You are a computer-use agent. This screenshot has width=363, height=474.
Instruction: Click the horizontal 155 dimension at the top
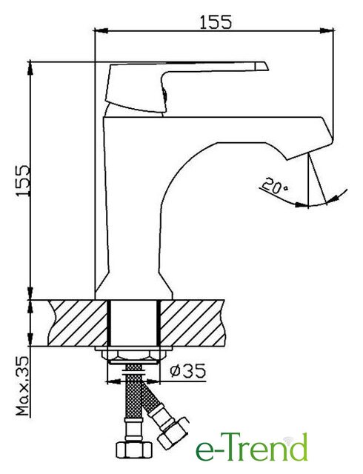[x=216, y=22]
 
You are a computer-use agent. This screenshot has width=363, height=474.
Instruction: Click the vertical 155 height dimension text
[x=23, y=181]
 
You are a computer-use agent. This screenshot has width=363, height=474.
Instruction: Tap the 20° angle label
[x=274, y=186]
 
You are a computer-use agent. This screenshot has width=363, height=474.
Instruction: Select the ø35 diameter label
[x=187, y=370]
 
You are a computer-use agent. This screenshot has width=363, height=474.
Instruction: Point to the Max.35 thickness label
[x=22, y=386]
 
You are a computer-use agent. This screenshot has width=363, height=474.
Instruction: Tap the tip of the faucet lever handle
[x=267, y=67]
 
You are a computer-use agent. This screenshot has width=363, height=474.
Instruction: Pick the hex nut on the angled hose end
[x=173, y=433]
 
